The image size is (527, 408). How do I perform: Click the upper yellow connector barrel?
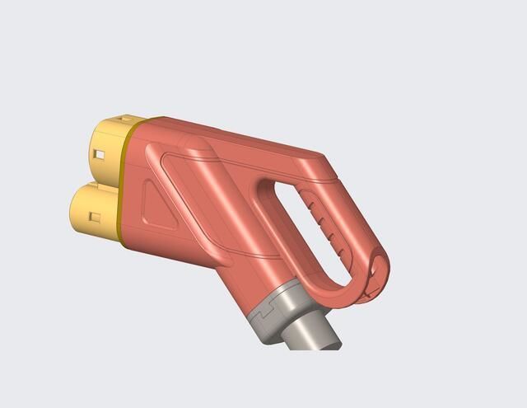[x=103, y=148]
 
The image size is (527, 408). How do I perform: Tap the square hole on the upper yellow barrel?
[x=99, y=153]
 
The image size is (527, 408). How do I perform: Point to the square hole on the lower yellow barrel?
[x=95, y=218]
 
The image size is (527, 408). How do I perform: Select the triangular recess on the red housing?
[x=158, y=206]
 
